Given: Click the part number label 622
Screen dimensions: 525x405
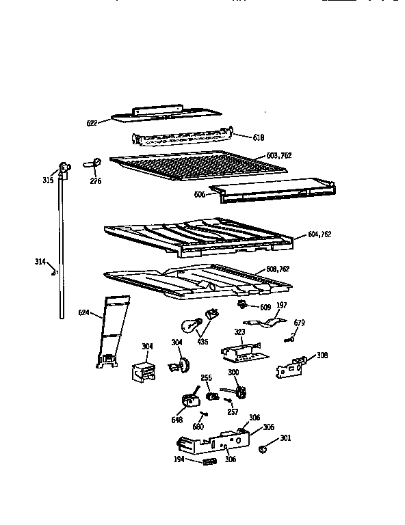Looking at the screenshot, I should [92, 123].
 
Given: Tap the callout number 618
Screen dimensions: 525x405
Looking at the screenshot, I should [258, 138].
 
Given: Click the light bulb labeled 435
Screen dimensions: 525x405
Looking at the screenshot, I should [190, 325].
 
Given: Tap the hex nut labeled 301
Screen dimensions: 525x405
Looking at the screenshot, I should [263, 449].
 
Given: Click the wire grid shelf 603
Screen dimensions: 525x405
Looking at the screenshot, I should [185, 167].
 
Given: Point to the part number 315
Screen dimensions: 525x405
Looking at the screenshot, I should [48, 180].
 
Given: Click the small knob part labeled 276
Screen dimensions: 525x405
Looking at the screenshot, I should [96, 162].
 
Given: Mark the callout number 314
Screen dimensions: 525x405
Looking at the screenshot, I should [41, 262].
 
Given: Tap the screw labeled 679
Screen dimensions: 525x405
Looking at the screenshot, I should [291, 336].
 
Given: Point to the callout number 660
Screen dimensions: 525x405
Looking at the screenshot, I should [198, 426].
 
